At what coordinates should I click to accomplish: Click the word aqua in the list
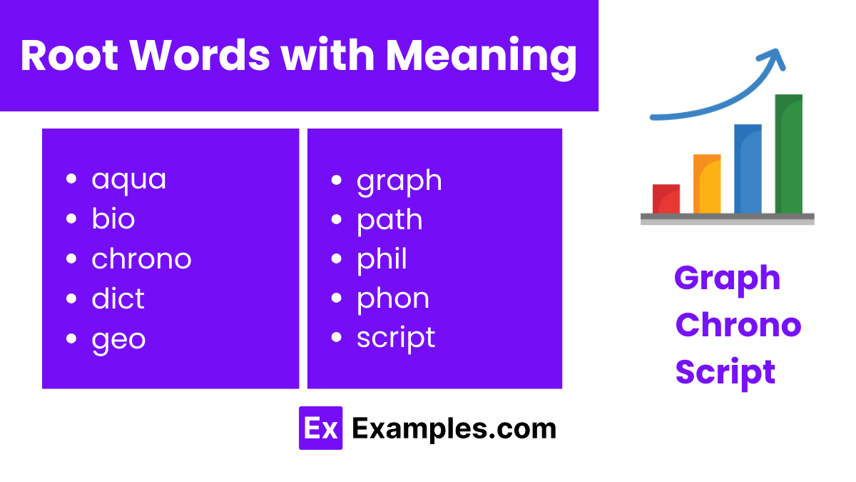click(x=128, y=179)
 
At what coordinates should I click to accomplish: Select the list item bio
click(x=113, y=219)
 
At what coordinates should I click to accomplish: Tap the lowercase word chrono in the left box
click(x=141, y=258)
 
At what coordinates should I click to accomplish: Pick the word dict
click(x=118, y=298)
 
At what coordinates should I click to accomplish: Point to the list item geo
click(x=118, y=338)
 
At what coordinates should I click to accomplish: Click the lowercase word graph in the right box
click(x=399, y=181)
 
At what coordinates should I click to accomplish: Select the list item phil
click(x=382, y=258)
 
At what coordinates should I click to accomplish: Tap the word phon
click(x=393, y=298)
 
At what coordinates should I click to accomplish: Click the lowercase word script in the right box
click(x=396, y=338)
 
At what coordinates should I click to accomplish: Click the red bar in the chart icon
click(x=666, y=199)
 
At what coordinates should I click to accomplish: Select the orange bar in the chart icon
click(x=707, y=184)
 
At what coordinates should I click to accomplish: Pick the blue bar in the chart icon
click(x=748, y=169)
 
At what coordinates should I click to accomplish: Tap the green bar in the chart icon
click(x=788, y=154)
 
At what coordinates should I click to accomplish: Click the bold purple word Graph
click(x=727, y=278)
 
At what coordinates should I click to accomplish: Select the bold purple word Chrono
click(x=738, y=325)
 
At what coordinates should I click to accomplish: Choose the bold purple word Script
click(x=725, y=372)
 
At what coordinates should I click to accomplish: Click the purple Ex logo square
click(x=320, y=428)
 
